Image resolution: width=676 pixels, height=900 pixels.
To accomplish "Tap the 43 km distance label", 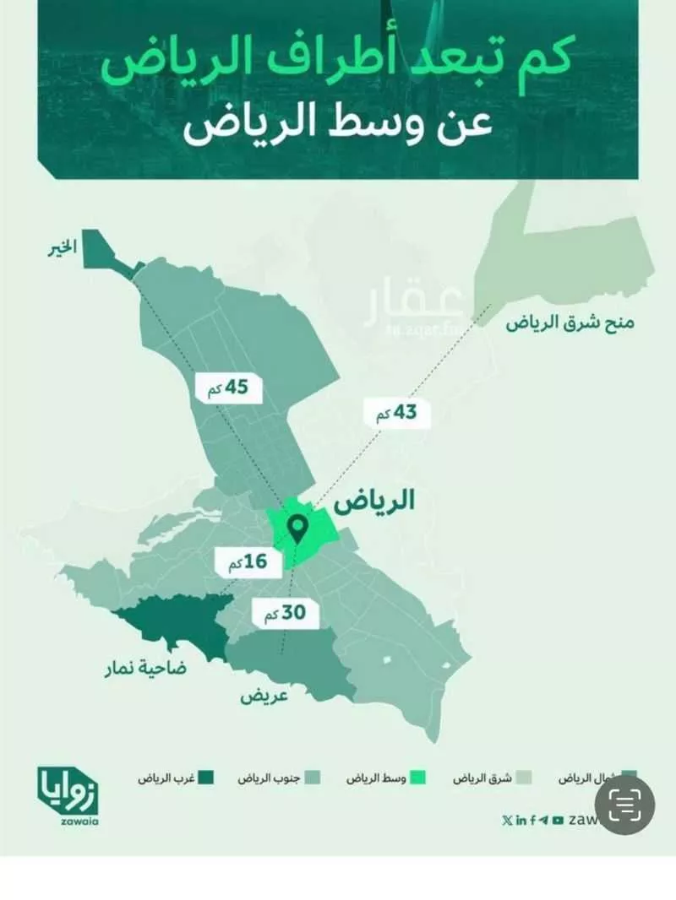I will (x=396, y=414).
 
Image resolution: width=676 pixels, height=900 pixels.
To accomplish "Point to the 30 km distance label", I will (x=286, y=614).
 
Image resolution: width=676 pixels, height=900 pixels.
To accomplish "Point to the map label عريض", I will (x=264, y=697).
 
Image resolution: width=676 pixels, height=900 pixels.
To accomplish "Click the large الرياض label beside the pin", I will (x=375, y=502).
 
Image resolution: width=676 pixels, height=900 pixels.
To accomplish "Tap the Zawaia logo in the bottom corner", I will (x=68, y=789).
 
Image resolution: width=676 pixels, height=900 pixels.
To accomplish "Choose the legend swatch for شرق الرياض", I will (x=525, y=776).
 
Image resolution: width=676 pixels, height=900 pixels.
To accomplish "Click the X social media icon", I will (x=506, y=820).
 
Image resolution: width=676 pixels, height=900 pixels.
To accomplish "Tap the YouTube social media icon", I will (x=558, y=820).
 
